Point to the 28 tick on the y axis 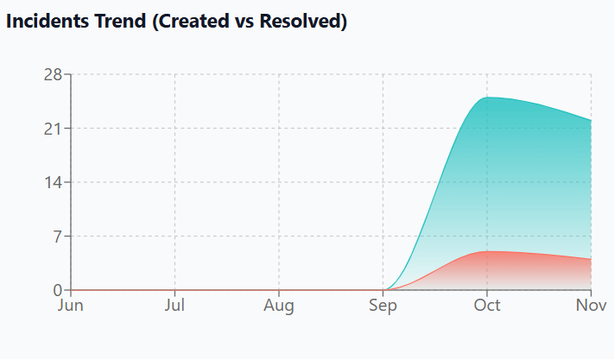tap(53, 74)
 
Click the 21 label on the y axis tap(53, 129)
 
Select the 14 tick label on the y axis tap(53, 182)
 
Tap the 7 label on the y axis tap(57, 237)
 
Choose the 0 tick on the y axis tap(57, 290)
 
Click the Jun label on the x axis tap(70, 305)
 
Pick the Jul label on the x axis tap(175, 305)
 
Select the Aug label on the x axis tap(279, 305)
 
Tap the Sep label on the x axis tap(383, 305)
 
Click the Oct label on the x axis tap(487, 305)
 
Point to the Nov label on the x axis tap(591, 305)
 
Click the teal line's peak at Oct tap(487, 98)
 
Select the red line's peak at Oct tap(487, 251)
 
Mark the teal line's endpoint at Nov tap(591, 121)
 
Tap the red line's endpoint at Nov tap(591, 259)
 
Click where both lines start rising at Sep tap(383, 290)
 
